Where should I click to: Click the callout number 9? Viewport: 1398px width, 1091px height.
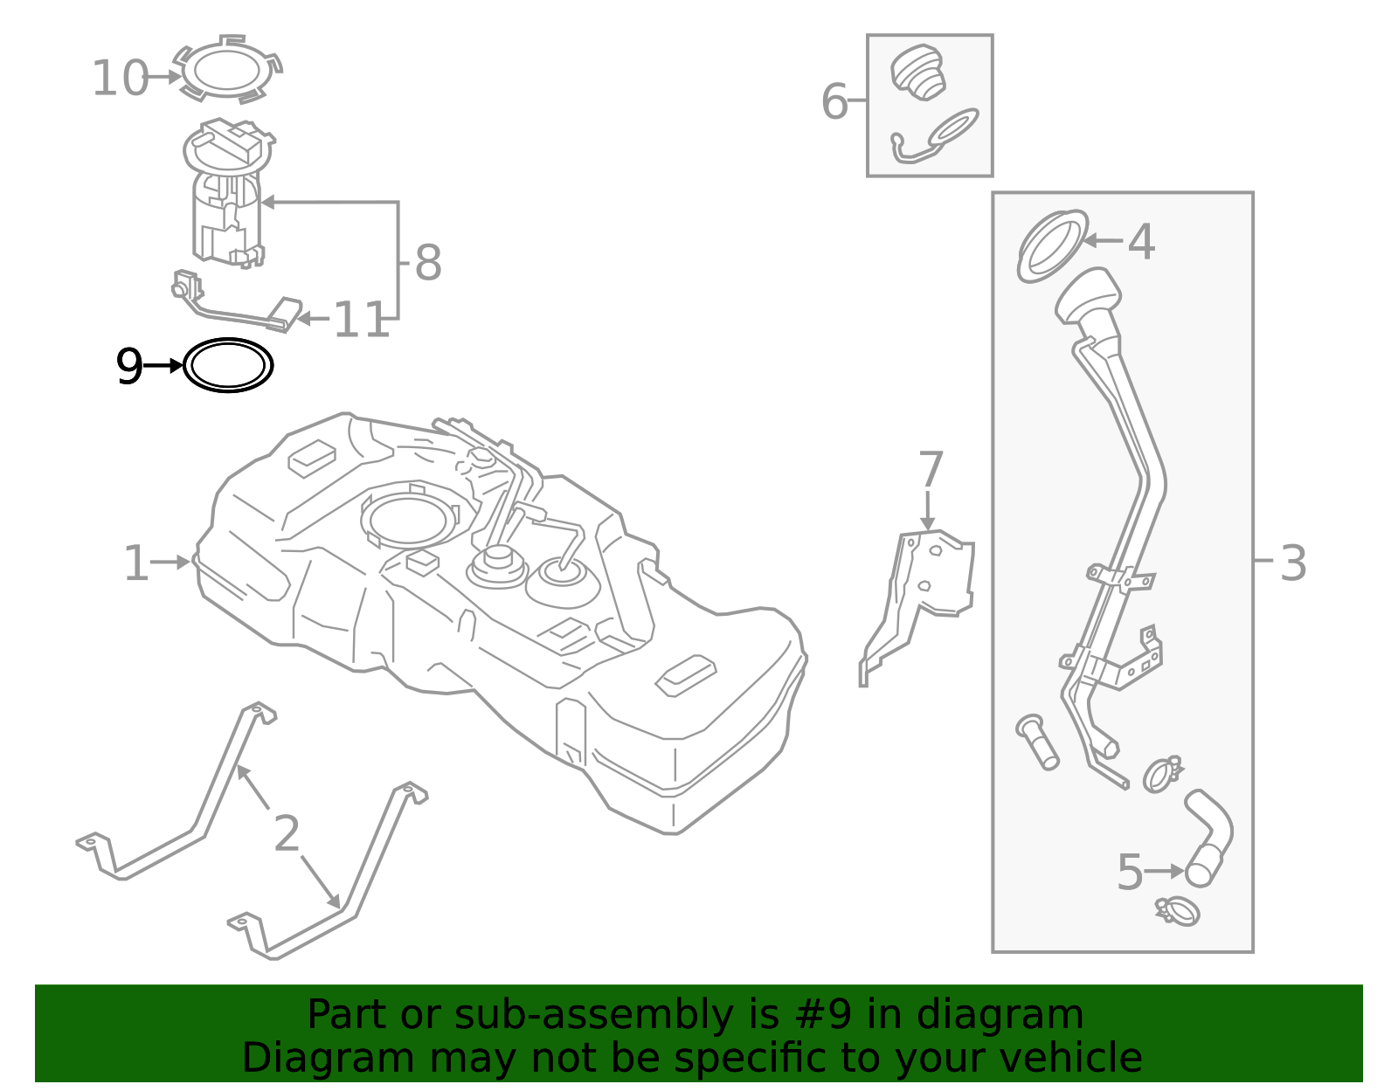coord(129,367)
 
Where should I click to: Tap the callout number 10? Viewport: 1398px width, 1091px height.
coord(121,79)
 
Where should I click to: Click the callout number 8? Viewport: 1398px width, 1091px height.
coord(428,262)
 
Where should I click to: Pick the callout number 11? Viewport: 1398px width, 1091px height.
coord(362,320)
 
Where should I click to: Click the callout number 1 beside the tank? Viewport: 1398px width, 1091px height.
coord(136,563)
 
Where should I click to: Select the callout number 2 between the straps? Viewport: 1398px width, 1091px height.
coord(287,833)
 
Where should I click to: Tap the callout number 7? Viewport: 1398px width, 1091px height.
coord(931,469)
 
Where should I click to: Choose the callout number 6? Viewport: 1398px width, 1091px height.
coord(835,101)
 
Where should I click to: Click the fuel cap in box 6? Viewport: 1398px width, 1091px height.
coord(918,73)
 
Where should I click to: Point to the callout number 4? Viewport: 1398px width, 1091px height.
coord(1142,242)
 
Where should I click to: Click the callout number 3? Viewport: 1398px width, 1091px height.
coord(1293,563)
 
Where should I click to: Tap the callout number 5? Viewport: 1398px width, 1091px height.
coord(1131,873)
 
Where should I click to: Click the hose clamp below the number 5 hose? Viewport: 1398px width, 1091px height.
coord(1178,911)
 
